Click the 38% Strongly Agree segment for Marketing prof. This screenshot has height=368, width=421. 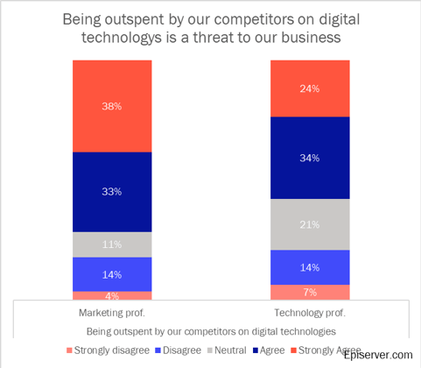coord(112,106)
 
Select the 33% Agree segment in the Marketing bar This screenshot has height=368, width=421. coord(112,192)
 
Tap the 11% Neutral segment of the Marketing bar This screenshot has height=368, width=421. coord(112,244)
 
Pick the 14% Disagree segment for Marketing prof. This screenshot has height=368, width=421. coord(112,274)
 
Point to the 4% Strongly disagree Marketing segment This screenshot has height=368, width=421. coord(112,296)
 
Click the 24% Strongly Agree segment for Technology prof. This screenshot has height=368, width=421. coord(310,88)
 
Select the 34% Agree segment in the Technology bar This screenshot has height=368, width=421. coord(310,158)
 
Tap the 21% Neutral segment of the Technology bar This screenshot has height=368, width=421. coord(310,224)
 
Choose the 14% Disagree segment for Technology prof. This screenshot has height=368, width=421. coord(310,267)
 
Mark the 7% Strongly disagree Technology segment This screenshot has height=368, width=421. coord(310,292)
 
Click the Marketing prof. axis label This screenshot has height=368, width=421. coord(112,313)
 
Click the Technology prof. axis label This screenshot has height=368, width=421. coord(310,313)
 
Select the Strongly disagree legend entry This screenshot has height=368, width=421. coord(106,350)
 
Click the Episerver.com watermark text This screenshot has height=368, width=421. coord(377,354)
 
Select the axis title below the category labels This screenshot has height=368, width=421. coord(210,331)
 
